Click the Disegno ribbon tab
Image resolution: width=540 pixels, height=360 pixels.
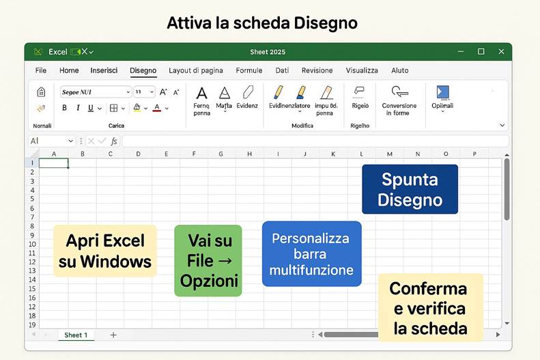[143, 70]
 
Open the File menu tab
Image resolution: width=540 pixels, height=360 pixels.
[41, 70]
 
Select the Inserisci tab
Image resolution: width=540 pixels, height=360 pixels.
[104, 70]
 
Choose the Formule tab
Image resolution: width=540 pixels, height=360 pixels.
[249, 70]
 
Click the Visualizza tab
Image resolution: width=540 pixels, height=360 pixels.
[362, 70]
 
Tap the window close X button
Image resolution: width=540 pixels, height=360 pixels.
[501, 52]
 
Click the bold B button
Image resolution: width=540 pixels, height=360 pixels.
[65, 108]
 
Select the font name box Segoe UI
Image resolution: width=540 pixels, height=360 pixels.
[94, 92]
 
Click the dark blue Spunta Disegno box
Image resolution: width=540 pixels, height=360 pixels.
[410, 189]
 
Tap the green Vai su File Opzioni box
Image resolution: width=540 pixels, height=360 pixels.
[208, 260]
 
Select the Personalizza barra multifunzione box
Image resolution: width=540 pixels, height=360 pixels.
[311, 253]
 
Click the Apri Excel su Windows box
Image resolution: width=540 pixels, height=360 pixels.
[104, 251]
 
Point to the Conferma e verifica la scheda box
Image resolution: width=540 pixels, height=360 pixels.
[429, 307]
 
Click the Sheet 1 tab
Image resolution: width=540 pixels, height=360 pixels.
[76, 335]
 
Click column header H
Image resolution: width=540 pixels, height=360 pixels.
[249, 154]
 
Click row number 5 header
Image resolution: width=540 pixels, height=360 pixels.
[32, 199]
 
